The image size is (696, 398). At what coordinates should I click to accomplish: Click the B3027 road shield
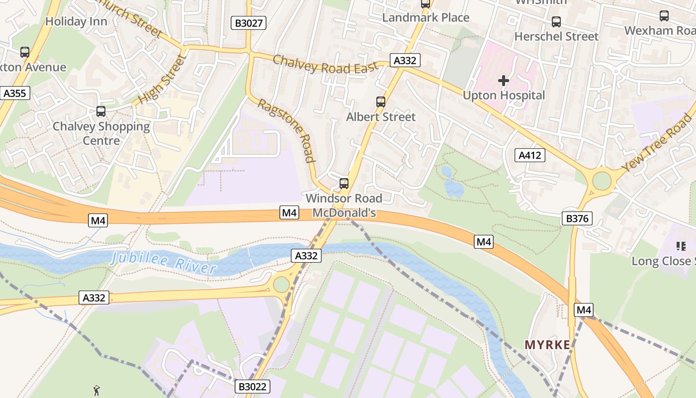[x=249, y=22]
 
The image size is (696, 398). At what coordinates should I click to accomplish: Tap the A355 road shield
[x=15, y=93]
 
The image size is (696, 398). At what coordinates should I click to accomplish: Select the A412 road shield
[x=529, y=155]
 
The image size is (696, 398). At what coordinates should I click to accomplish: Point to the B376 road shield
[x=577, y=218]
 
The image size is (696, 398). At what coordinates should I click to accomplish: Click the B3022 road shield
[x=253, y=387]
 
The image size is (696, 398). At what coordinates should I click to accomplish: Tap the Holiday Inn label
[x=76, y=21]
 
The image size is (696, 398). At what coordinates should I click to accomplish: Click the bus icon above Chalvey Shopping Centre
[x=101, y=111]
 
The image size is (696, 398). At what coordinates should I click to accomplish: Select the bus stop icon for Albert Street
[x=381, y=102]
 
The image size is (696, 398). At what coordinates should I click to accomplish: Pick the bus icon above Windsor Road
[x=344, y=184]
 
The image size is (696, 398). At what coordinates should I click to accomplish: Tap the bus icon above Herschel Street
[x=556, y=22]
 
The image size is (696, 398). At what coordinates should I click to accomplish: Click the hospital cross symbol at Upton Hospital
[x=504, y=80]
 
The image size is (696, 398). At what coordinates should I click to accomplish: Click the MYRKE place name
[x=547, y=345]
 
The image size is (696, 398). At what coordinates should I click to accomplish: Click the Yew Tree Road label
[x=657, y=143]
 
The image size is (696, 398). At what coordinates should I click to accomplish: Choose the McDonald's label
[x=344, y=213]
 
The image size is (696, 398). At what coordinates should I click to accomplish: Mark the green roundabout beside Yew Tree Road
[x=602, y=181]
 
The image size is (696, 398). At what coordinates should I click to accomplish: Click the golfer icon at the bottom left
[x=97, y=391]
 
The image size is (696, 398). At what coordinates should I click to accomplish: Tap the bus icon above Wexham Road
[x=664, y=16]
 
